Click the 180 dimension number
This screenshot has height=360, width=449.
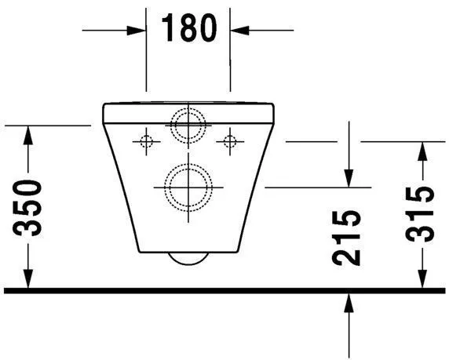point(188,29)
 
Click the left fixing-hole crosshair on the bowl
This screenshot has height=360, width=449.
point(144,141)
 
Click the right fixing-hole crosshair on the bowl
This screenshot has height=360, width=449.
point(229,141)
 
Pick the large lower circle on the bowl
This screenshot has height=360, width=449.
point(188,187)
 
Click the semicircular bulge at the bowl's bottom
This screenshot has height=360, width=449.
point(188,259)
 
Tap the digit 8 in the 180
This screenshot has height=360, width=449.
point(188,29)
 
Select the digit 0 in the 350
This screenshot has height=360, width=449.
point(30,188)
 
